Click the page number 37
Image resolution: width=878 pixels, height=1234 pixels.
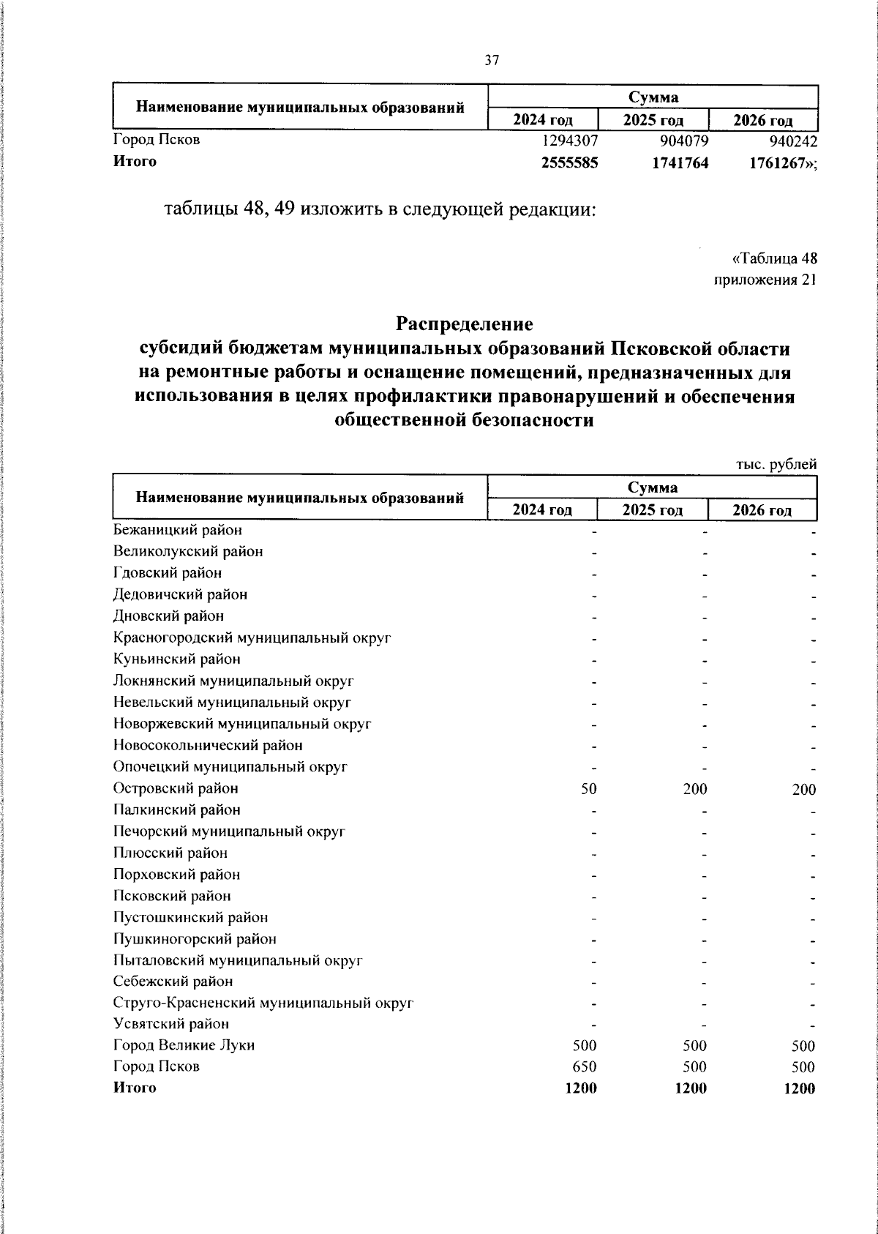(x=492, y=61)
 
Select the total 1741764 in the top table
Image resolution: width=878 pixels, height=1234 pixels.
(x=680, y=162)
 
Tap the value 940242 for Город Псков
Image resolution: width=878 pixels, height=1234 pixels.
(x=789, y=141)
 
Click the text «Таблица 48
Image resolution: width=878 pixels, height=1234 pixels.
(x=774, y=258)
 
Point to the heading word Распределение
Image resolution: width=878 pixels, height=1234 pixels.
(x=465, y=323)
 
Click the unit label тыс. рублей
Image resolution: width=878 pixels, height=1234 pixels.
(x=776, y=464)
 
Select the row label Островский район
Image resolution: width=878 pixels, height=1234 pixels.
(x=176, y=788)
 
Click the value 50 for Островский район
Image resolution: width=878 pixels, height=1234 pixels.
(x=589, y=789)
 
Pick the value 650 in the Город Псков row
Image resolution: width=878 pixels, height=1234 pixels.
(x=585, y=1067)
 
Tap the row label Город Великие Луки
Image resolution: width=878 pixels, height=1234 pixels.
(x=184, y=1045)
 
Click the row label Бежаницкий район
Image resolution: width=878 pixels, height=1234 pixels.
(x=178, y=529)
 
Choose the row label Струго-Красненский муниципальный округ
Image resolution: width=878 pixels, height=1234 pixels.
(x=263, y=1003)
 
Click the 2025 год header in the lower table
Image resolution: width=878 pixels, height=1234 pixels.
(x=652, y=510)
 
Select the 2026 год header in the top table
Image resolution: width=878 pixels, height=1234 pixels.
(x=762, y=120)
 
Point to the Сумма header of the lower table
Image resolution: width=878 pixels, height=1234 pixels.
(x=652, y=487)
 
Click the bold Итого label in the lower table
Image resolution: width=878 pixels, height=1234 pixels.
(x=135, y=1088)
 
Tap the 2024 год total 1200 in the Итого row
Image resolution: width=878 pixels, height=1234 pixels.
(x=581, y=1088)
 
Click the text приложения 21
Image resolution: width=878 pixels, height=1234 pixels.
(x=765, y=280)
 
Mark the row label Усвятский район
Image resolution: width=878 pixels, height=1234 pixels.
(x=171, y=1024)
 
